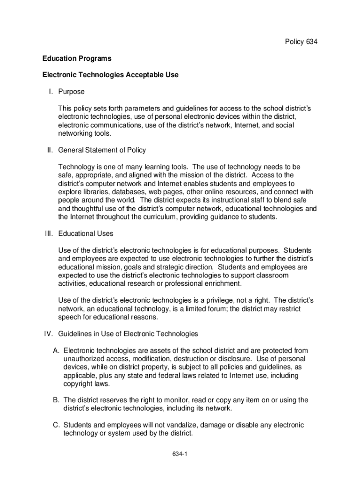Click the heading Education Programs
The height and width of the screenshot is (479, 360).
(x=77, y=58)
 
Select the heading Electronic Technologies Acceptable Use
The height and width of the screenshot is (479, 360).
(x=110, y=75)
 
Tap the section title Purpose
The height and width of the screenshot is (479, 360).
(x=71, y=92)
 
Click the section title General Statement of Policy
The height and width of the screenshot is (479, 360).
(x=102, y=150)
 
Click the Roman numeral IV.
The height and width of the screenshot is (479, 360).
(x=48, y=334)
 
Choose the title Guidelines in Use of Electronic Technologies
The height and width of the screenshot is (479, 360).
(x=128, y=334)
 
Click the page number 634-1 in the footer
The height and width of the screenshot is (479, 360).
(x=180, y=454)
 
